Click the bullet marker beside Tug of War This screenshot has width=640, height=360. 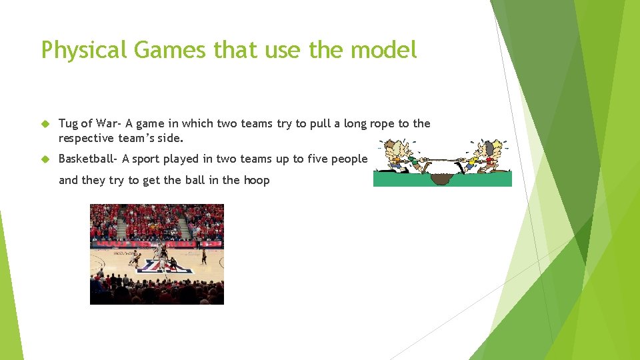click(45, 124)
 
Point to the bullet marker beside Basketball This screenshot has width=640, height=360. click(45, 159)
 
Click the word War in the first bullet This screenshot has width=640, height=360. click(108, 123)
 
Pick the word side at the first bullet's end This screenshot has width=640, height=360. click(169, 138)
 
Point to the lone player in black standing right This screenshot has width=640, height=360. click(204, 256)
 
